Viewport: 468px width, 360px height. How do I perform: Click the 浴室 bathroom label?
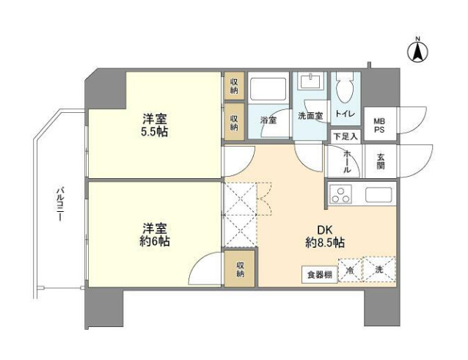coord(268,120)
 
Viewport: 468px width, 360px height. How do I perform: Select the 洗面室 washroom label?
coord(311,116)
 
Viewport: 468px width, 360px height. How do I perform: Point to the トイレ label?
coord(345,114)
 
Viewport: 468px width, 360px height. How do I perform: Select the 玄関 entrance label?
coord(382,161)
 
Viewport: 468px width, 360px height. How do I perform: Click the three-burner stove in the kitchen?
coord(342,195)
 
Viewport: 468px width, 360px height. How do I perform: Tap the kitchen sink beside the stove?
coord(379,195)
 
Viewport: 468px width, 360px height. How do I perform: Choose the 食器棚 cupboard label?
coord(319,276)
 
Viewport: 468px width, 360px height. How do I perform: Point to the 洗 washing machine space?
coord(379,269)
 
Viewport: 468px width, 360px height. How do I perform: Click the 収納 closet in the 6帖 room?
coord(240,269)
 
